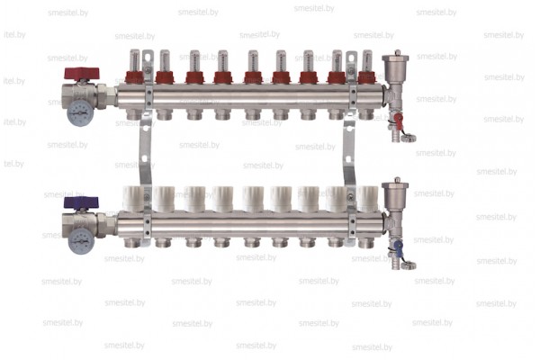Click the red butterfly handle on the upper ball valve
(x=82, y=74)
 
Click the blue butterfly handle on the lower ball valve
(x=81, y=202)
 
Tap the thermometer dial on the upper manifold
(x=80, y=112)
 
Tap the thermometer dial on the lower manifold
(x=81, y=241)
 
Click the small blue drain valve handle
(x=398, y=248)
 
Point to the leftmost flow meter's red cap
(x=134, y=77)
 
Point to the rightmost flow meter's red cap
(x=367, y=77)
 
